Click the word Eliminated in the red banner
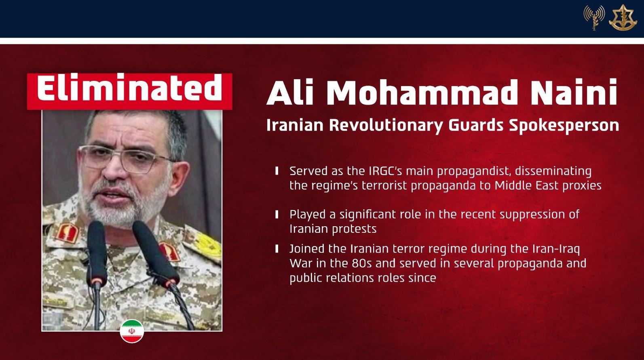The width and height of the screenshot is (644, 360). tap(129, 87)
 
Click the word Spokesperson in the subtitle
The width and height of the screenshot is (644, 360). tap(564, 126)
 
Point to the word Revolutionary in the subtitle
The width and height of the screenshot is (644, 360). tap(386, 126)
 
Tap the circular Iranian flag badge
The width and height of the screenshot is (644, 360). tap(132, 331)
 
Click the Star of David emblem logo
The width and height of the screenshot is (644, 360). tap(622, 18)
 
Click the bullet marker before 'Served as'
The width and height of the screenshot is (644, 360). tap(277, 171)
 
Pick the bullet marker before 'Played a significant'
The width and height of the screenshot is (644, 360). tap(277, 214)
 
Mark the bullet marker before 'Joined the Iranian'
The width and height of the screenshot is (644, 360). tap(277, 249)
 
